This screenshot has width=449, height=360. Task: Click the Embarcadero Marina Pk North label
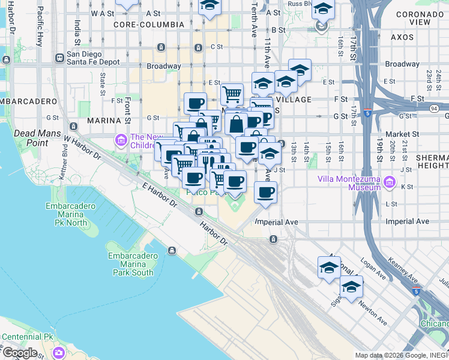click(71, 214)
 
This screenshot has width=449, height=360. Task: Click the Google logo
click(19, 352)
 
